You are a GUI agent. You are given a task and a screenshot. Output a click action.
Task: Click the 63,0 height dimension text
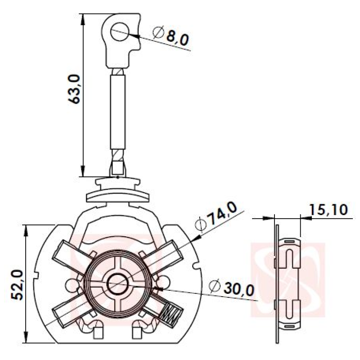[x=74, y=89]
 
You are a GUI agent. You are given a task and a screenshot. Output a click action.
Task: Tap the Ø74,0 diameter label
[x=216, y=216]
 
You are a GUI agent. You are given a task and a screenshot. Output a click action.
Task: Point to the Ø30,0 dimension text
[x=232, y=288]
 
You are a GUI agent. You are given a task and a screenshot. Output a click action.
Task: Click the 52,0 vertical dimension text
[x=17, y=285]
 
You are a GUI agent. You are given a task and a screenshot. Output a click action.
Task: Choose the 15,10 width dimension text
[x=328, y=210]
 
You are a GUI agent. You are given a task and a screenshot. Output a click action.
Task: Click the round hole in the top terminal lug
[x=120, y=32]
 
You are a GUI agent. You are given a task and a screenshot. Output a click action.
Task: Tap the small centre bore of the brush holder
[x=117, y=284]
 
